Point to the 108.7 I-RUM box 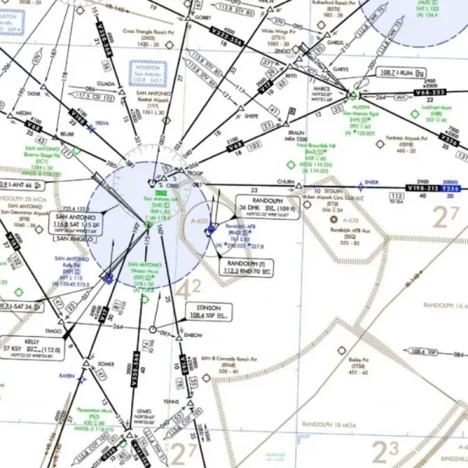396,73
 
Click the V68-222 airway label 431,92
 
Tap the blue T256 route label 452,188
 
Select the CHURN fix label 285,181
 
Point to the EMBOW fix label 192,335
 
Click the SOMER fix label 105,363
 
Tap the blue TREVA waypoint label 102,123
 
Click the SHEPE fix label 251,115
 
